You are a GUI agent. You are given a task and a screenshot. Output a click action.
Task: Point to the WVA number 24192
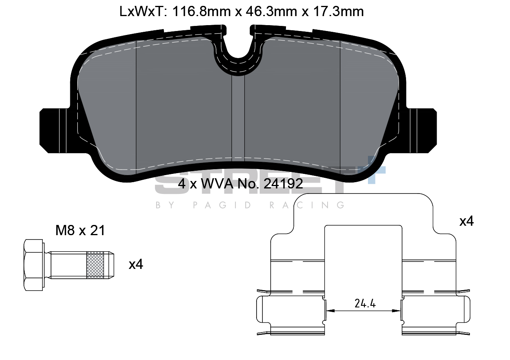click(x=283, y=183)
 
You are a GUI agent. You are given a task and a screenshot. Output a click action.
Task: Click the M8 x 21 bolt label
click(x=80, y=230)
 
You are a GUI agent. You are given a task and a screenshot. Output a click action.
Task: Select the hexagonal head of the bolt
click(x=34, y=265)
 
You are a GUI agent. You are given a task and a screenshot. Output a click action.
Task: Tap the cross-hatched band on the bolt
click(x=95, y=265)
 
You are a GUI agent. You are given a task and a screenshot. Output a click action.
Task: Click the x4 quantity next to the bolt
click(x=136, y=265)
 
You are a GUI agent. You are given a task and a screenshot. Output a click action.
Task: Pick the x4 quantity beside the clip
click(x=466, y=221)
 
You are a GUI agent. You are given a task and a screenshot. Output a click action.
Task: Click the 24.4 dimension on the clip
click(x=365, y=303)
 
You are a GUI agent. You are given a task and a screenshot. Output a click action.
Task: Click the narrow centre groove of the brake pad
click(x=238, y=118)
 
